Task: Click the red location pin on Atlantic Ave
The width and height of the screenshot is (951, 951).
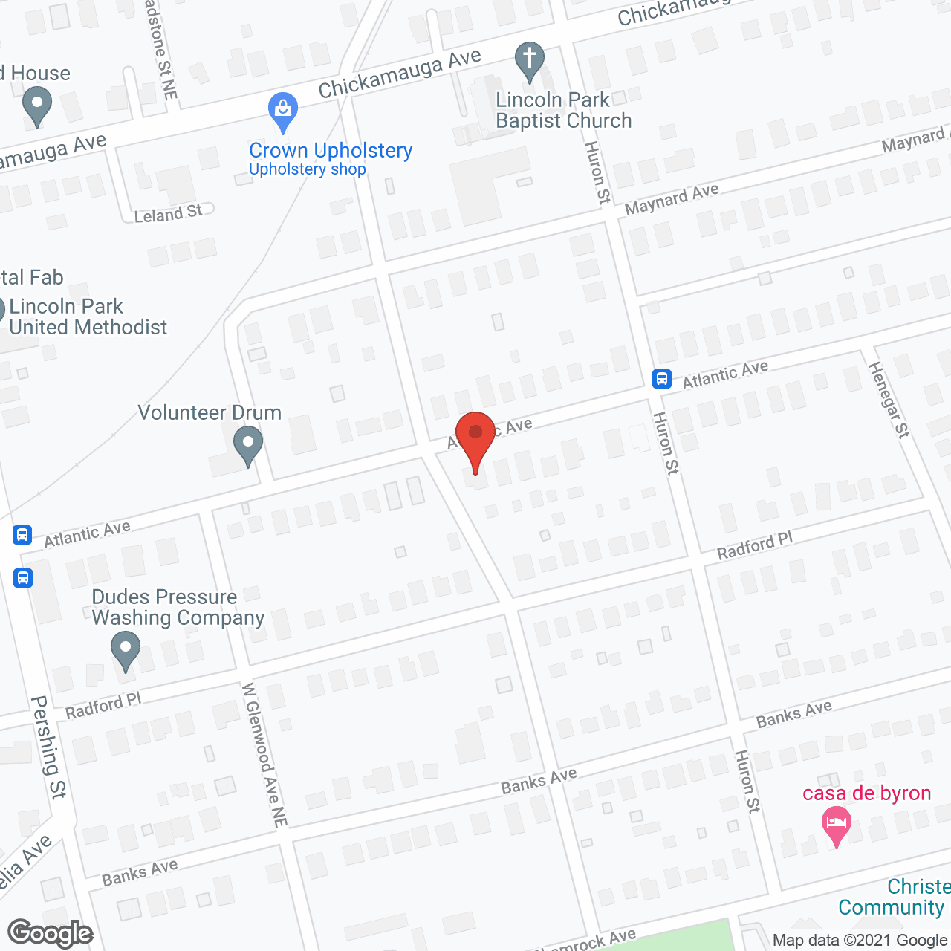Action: [x=475, y=434]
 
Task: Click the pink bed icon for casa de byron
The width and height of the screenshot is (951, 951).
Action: [x=837, y=825]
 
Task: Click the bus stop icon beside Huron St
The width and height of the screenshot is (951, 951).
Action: [x=662, y=379]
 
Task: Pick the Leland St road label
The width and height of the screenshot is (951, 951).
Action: [x=168, y=214]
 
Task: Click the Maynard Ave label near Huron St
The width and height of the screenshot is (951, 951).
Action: [x=672, y=199]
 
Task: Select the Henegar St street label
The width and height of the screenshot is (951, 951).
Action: [x=889, y=400]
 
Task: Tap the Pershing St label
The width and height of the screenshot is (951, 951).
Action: [x=49, y=747]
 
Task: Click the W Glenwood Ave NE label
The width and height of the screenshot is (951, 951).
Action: [x=264, y=755]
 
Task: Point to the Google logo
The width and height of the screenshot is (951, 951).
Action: [x=51, y=934]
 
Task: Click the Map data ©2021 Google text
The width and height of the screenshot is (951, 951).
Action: [x=860, y=940]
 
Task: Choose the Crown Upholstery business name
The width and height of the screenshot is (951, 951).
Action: [x=331, y=150]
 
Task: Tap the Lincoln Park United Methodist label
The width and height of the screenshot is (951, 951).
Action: [x=88, y=317]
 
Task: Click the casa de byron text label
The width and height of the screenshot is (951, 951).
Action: [x=866, y=793]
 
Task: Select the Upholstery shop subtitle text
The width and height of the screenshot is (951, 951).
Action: [x=308, y=169]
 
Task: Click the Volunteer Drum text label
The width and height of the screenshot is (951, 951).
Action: [x=210, y=412]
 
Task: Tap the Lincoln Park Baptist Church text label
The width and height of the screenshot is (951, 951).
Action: [x=563, y=110]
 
